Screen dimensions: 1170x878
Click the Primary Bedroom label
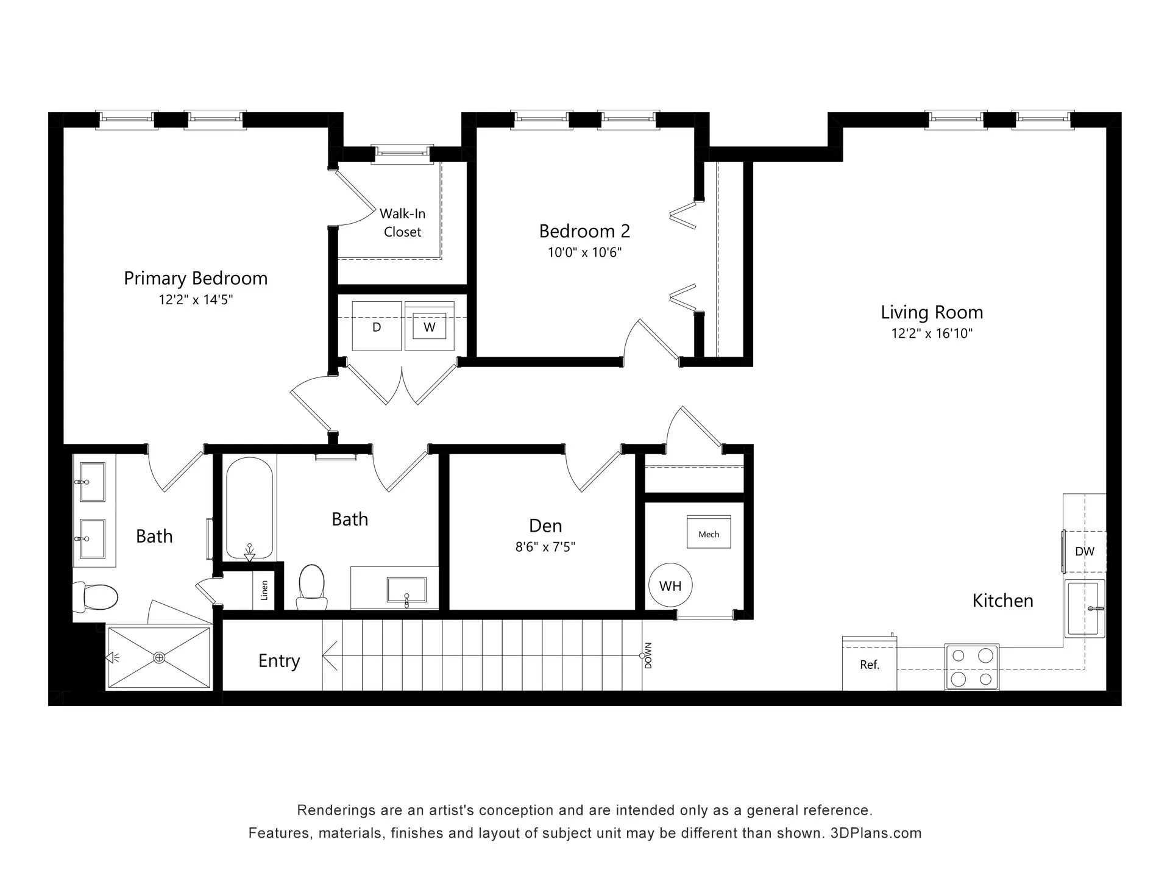(196, 279)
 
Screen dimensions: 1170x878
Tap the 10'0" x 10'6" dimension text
(584, 252)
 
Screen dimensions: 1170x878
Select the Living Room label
(932, 312)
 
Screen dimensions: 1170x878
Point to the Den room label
(545, 526)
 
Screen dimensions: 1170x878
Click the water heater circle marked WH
(670, 585)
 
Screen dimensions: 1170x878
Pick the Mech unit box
(709, 532)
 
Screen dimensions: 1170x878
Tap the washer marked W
(430, 326)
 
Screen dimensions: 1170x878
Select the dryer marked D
(377, 326)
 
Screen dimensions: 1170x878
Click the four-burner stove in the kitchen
(972, 667)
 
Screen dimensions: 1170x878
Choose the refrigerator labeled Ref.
(870, 663)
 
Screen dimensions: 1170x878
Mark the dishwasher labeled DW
(1085, 551)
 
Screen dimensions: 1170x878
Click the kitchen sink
(1085, 609)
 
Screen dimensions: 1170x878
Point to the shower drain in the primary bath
(159, 657)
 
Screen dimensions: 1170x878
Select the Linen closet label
(264, 590)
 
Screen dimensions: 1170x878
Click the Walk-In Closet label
(402, 223)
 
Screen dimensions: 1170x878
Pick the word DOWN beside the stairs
(648, 655)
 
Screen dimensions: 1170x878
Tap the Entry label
(279, 661)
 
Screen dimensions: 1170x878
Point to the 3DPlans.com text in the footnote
(876, 833)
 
